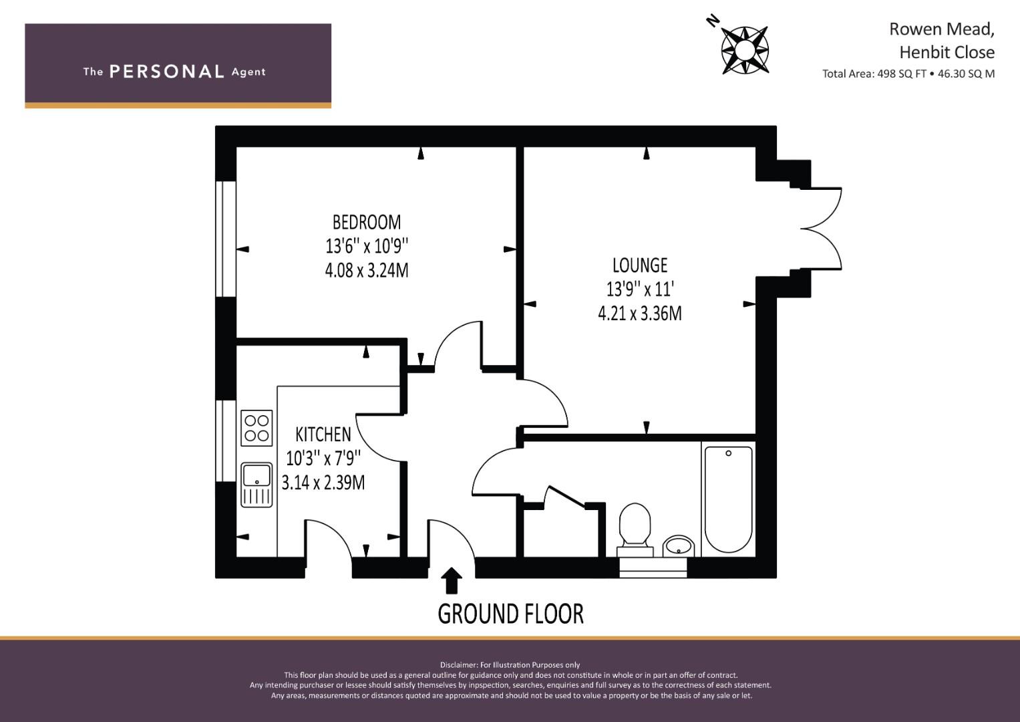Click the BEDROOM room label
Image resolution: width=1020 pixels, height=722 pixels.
pos(367,221)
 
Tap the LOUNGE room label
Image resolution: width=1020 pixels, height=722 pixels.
pos(640,265)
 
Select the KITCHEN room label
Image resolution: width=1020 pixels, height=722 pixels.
pos(323,435)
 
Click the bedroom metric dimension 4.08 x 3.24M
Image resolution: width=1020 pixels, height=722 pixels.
pos(367,270)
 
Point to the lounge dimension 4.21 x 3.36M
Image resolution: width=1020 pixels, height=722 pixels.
pos(640,313)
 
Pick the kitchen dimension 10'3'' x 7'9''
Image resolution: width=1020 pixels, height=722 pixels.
pos(323,459)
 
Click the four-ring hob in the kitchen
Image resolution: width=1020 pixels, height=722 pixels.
pos(257,428)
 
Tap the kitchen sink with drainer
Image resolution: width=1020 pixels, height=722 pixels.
pos(257,485)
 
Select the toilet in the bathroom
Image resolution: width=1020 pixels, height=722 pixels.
pos(635,528)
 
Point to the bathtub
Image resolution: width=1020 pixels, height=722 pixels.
pos(728,498)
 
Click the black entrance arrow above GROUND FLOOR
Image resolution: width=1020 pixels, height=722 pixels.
pos(452,580)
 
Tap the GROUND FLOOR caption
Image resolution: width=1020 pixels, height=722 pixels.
pos(510,614)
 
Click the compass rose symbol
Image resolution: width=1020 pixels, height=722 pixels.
pos(744,49)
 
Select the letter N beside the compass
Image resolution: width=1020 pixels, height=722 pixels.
pos(713,21)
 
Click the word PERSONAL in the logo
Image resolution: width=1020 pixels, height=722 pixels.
pos(166,72)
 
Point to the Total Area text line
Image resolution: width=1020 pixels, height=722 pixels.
pos(908,74)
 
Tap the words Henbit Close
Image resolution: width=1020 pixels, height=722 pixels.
pos(947,52)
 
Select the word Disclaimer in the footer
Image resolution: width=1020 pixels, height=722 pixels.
pos(459,665)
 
